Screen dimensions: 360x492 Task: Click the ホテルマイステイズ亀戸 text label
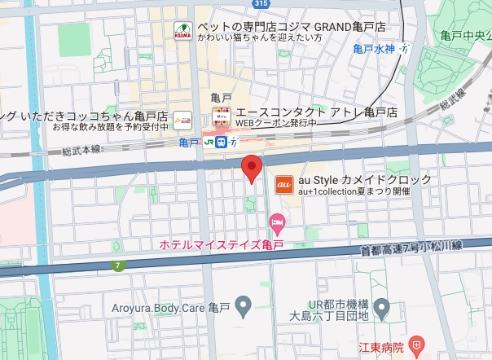213,244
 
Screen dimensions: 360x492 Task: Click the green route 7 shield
121,265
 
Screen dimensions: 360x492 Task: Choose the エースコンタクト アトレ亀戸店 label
315,111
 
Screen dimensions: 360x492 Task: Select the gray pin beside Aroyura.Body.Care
242,307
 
